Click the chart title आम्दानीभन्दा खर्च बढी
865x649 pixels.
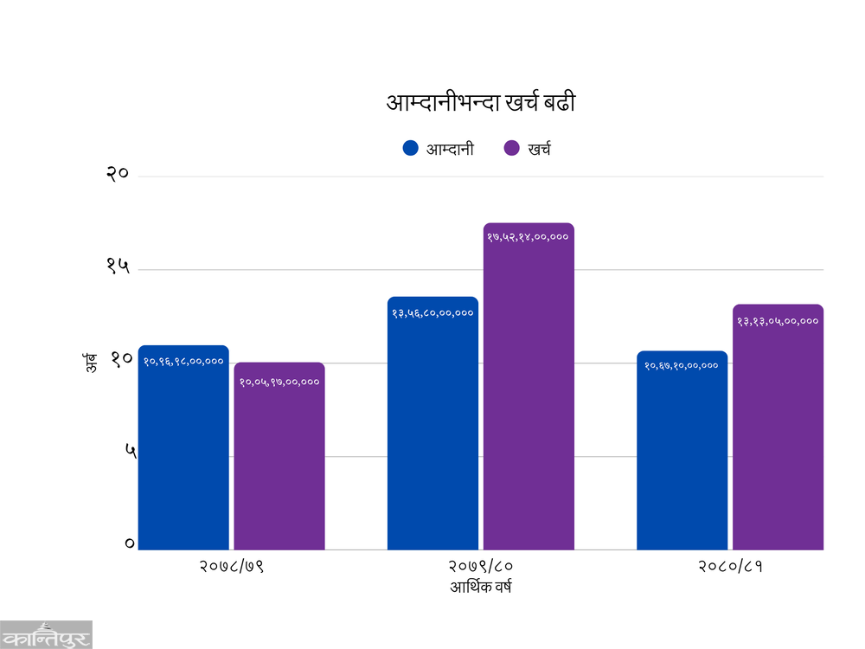(480, 104)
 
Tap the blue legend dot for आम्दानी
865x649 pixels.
(411, 148)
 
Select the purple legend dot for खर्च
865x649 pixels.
(511, 148)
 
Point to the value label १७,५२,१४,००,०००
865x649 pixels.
(528, 236)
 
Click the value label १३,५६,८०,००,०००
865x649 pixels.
(432, 312)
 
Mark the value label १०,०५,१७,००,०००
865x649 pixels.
(279, 382)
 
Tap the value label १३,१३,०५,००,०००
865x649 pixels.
(778, 321)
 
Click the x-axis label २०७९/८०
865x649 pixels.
(481, 568)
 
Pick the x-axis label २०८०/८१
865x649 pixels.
(730, 568)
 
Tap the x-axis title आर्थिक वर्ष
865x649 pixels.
(481, 588)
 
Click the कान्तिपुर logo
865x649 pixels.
(46, 634)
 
